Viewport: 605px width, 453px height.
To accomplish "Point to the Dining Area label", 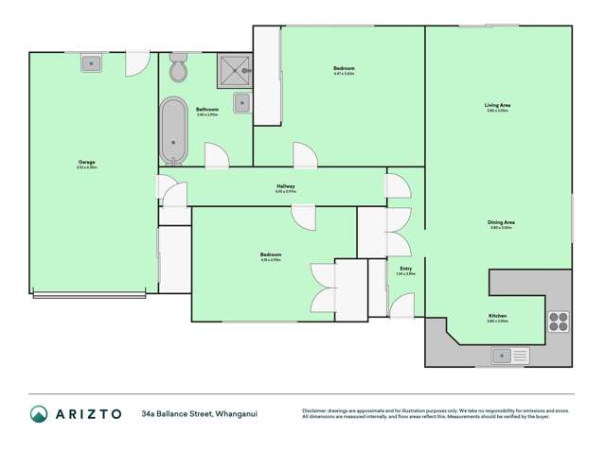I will click(501, 224).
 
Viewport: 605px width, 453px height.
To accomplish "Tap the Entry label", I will click(405, 270).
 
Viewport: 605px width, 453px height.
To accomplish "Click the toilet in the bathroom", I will click(177, 70).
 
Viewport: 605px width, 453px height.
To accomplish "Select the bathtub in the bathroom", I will click(173, 131).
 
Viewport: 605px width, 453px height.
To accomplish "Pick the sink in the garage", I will click(92, 63).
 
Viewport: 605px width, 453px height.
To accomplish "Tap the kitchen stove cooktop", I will click(558, 322).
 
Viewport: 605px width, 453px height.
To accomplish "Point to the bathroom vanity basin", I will click(241, 103).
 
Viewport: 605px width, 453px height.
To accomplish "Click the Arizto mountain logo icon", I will click(39, 413).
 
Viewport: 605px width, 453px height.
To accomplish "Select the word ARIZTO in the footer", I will click(90, 413).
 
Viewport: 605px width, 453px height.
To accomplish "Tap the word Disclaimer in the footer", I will click(316, 410).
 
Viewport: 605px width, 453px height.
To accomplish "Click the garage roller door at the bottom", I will click(93, 295).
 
